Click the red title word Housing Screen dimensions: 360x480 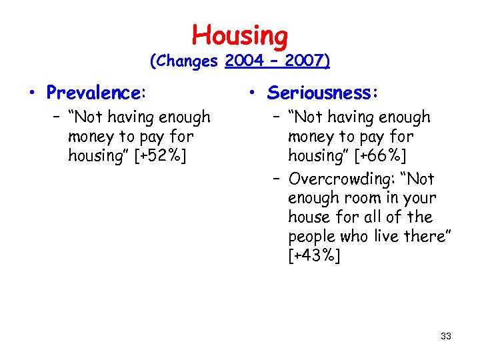coord(240,35)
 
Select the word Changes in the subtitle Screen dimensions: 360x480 coord(185,61)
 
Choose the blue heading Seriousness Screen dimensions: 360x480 coord(323,92)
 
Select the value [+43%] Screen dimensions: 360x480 coord(314,255)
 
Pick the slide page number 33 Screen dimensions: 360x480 coord(446,336)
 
